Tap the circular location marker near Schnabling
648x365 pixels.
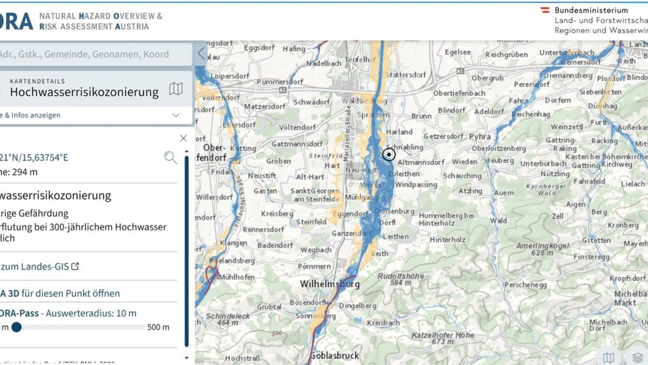click(x=389, y=155)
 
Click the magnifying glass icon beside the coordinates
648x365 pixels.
click(x=171, y=157)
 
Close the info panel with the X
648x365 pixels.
click(x=183, y=138)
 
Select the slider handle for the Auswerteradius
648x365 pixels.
click(x=17, y=327)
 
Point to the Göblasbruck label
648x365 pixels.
click(x=334, y=356)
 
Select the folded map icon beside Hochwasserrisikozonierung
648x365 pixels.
click(x=175, y=89)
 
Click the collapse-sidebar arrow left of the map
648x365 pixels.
click(x=201, y=53)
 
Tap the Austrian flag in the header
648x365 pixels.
click(x=545, y=10)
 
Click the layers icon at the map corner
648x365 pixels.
click(x=637, y=357)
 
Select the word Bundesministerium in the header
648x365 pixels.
click(x=591, y=10)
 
